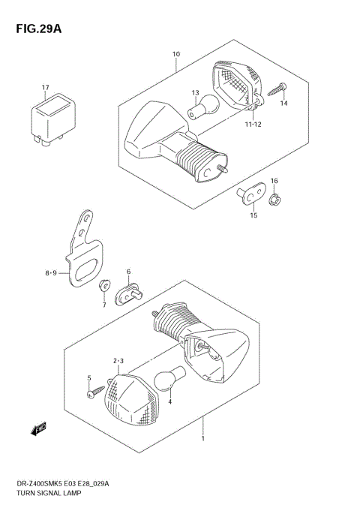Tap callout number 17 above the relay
tap(45, 87)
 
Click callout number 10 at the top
tap(176, 54)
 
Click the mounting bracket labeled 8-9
tap(83, 253)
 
